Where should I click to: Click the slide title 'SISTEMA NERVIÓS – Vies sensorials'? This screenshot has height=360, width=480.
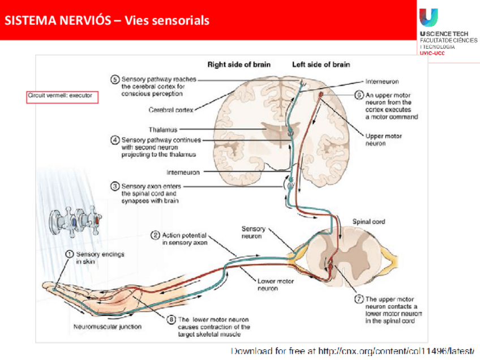108,21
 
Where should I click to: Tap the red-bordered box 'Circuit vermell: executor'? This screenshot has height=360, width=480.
62,96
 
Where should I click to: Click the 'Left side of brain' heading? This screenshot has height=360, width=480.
321,65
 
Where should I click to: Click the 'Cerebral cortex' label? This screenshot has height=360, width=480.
171,110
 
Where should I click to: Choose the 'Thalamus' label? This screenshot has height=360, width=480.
164,130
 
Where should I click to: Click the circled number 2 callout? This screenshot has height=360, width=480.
155,235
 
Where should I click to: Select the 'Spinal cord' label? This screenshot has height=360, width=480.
368,221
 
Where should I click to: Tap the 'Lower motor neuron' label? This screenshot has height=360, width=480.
275,284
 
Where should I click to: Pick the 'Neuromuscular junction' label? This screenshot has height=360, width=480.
108,327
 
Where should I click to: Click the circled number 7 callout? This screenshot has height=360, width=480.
358,299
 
